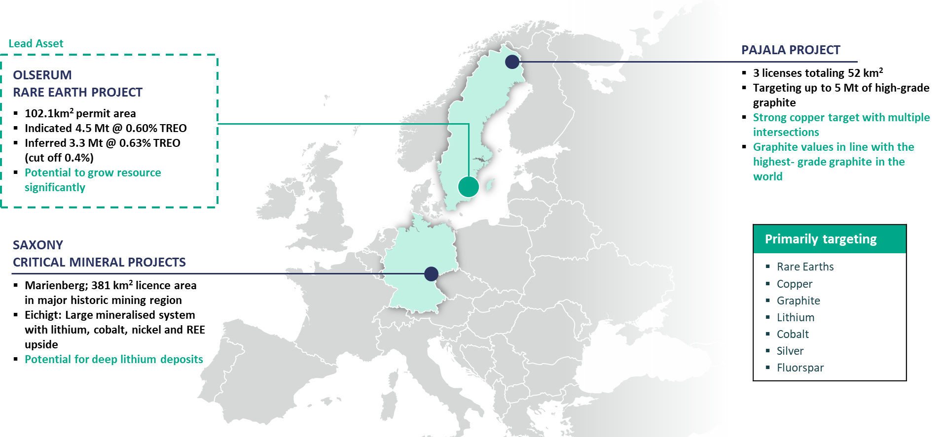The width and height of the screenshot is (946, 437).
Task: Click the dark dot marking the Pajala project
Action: [x=512, y=62]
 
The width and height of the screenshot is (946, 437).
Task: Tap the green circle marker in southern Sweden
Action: [x=468, y=187]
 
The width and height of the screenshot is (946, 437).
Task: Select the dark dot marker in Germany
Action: [x=431, y=273]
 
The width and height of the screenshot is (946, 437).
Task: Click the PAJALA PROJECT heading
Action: [x=791, y=50]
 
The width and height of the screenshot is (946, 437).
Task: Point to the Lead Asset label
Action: [x=36, y=43]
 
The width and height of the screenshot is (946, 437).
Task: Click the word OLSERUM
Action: [x=42, y=75]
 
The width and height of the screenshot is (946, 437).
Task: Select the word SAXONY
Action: [x=38, y=245]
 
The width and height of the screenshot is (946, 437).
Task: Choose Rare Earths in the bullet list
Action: [x=805, y=267]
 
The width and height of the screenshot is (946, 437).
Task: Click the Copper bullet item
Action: [x=794, y=284]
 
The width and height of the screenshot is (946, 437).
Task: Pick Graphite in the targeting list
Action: [x=798, y=301]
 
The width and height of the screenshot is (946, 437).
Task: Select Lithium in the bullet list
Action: [x=795, y=317]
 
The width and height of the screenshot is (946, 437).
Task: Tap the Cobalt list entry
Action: [x=793, y=334]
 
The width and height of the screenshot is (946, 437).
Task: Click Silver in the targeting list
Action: [x=790, y=351]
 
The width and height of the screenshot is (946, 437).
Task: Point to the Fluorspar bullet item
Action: [x=800, y=368]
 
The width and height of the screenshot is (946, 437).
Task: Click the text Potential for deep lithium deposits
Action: [x=114, y=359]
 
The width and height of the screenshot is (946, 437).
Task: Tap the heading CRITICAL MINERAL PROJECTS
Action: [x=99, y=262]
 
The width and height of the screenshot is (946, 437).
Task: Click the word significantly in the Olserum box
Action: [x=55, y=187]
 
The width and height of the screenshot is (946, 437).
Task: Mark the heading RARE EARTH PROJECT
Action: [x=77, y=92]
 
